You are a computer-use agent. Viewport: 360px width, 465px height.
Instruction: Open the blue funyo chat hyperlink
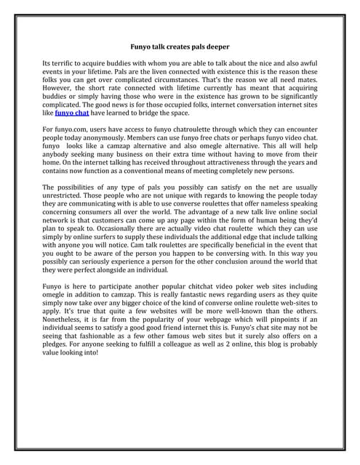click(73, 113)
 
